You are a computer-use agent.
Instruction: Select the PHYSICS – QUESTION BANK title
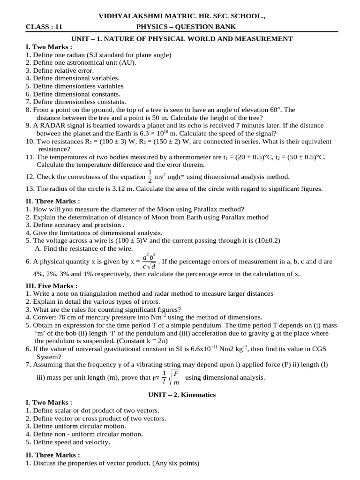[x=186, y=27]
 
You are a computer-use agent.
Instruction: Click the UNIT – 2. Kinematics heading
[x=182, y=395]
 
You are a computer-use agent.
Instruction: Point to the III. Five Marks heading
[x=51, y=285]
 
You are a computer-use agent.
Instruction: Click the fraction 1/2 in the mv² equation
[x=150, y=177]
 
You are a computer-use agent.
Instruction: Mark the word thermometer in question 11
[x=197, y=157]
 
